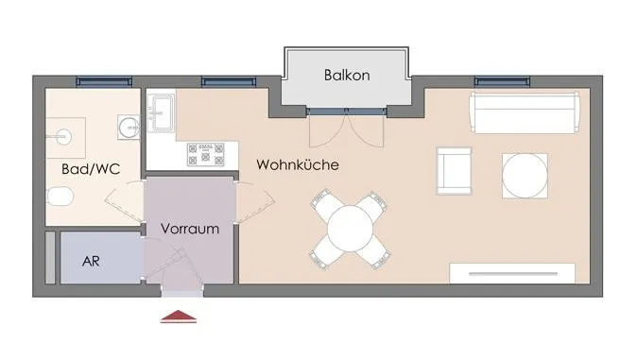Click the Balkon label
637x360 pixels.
coord(347,76)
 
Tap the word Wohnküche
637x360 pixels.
coord(298,164)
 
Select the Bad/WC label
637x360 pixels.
coord(91,169)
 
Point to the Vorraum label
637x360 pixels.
coord(190,229)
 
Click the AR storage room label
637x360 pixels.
coord(91,262)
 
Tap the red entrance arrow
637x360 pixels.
coord(179,317)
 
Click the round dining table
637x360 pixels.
coord(350,229)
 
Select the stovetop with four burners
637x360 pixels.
coord(206,154)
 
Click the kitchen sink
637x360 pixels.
coord(161,113)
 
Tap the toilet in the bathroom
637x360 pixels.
coord(60,197)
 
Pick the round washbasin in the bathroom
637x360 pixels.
coord(129,128)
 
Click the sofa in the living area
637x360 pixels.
coord(525,113)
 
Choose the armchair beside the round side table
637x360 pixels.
coord(455,171)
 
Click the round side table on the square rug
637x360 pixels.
coord(525,176)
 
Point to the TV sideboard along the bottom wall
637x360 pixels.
coord(512,273)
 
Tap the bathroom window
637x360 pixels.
coord(104,81)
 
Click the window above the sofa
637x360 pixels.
coord(502,81)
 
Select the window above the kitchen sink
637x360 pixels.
coord(229,81)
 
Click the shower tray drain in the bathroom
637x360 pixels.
coord(63,137)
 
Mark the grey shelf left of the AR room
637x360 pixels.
coord(50,258)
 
